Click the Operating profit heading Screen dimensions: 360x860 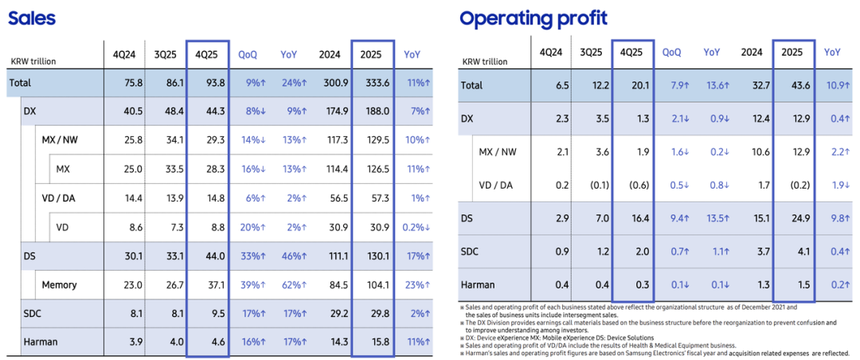(533, 18)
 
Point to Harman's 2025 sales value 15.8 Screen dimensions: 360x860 (370, 342)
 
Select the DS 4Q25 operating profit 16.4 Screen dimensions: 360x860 (633, 218)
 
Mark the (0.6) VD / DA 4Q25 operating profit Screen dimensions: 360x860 (633, 185)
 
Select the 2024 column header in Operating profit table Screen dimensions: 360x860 (752, 53)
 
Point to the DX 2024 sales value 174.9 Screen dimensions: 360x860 (328, 112)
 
